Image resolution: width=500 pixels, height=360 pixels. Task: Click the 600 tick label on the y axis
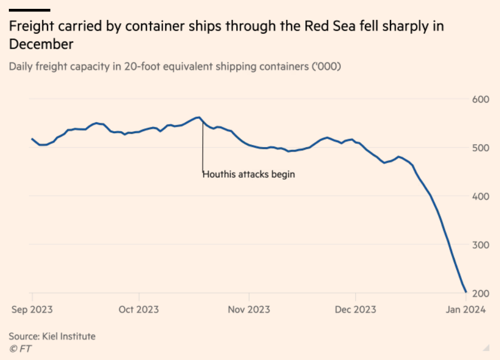(x=481, y=100)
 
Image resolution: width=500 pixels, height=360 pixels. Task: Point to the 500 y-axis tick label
(x=481, y=148)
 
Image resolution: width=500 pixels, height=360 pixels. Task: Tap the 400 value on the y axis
(x=481, y=196)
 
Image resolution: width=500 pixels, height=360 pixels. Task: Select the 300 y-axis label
(x=481, y=245)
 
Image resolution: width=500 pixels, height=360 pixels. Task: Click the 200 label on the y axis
(x=481, y=293)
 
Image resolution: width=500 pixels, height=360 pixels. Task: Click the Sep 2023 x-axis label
(x=32, y=309)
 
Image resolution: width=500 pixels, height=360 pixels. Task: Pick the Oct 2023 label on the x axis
(x=139, y=309)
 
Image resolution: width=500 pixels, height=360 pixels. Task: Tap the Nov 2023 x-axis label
(x=249, y=309)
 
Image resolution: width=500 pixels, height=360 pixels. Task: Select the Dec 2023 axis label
(x=356, y=309)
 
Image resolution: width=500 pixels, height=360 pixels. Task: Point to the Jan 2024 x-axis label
(x=466, y=309)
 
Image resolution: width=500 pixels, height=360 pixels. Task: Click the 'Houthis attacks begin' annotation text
(x=249, y=174)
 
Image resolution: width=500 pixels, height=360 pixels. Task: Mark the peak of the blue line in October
(x=199, y=117)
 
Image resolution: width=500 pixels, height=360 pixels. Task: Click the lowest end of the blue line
(x=466, y=292)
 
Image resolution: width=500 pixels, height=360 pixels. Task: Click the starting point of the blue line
(x=32, y=139)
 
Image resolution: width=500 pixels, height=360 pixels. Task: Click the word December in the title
(x=41, y=44)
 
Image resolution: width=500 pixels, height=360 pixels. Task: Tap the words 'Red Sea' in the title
(x=330, y=26)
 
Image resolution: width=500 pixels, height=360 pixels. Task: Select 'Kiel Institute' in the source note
(x=69, y=336)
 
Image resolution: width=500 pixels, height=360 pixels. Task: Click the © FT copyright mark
(x=20, y=349)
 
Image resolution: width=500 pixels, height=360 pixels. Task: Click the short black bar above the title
(x=30, y=10)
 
